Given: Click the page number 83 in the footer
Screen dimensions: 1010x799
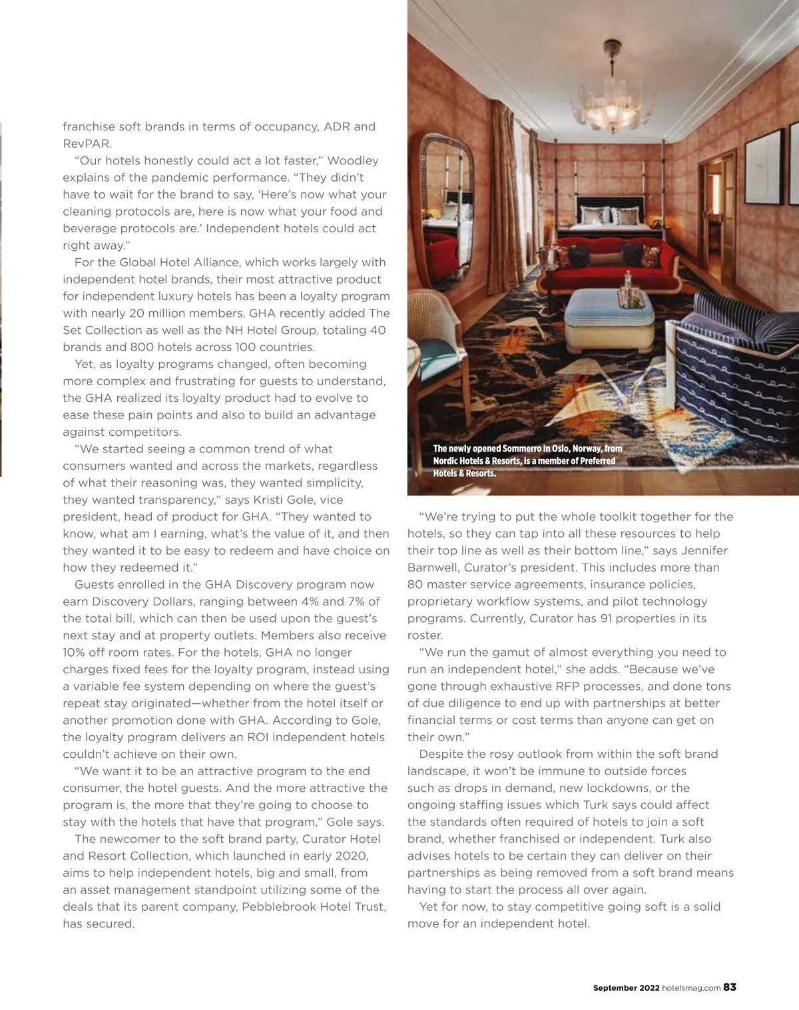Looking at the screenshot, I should click(x=730, y=987).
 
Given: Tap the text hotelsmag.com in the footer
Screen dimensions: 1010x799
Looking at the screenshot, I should click(x=691, y=988).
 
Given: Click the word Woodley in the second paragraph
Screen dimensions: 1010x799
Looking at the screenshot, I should click(x=353, y=160).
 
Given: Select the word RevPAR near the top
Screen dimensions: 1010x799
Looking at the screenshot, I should click(x=87, y=144).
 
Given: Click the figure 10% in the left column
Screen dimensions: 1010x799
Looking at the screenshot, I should click(x=76, y=652).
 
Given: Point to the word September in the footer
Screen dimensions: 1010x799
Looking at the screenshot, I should click(x=615, y=988).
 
